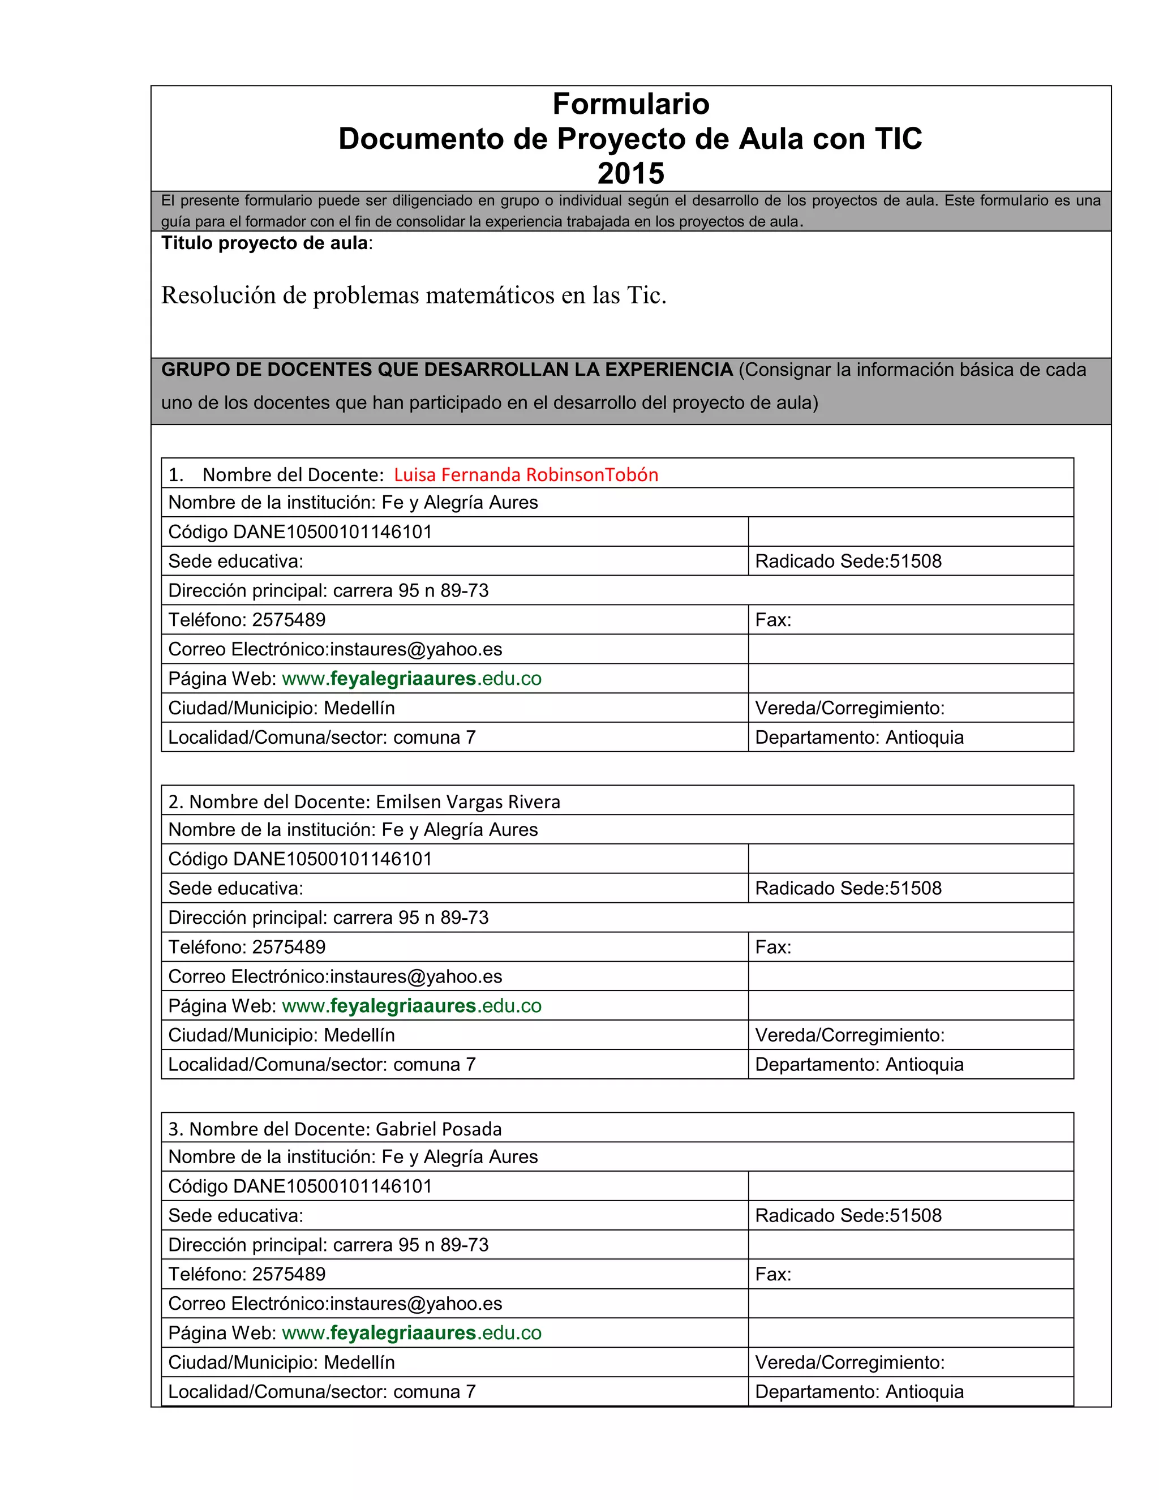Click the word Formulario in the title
630,104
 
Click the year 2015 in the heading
630,174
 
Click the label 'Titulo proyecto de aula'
265,243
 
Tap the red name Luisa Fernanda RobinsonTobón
525,474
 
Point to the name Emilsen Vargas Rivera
467,802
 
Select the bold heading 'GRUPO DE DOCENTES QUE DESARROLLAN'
447,370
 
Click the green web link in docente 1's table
411,679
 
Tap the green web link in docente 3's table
411,1332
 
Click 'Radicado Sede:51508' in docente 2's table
848,888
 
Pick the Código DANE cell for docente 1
300,532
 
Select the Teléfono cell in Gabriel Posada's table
247,1274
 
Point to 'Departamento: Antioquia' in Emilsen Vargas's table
859,1065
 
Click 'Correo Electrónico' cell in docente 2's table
335,976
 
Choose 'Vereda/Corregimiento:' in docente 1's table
849,708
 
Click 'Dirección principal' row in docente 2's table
328,918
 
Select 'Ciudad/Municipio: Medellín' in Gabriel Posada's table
281,1362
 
